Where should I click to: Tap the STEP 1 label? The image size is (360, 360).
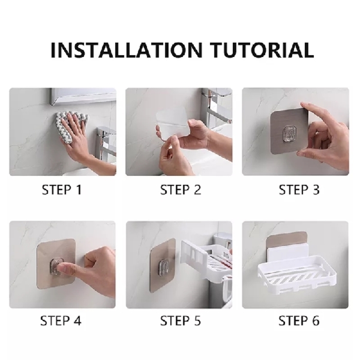click(61, 190)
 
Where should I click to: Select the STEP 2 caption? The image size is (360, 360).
click(180, 190)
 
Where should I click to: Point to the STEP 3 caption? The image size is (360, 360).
click(299, 190)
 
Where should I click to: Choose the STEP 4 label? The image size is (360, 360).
click(61, 321)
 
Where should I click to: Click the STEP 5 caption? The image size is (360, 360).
click(180, 321)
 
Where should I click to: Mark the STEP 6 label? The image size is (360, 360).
click(299, 321)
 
